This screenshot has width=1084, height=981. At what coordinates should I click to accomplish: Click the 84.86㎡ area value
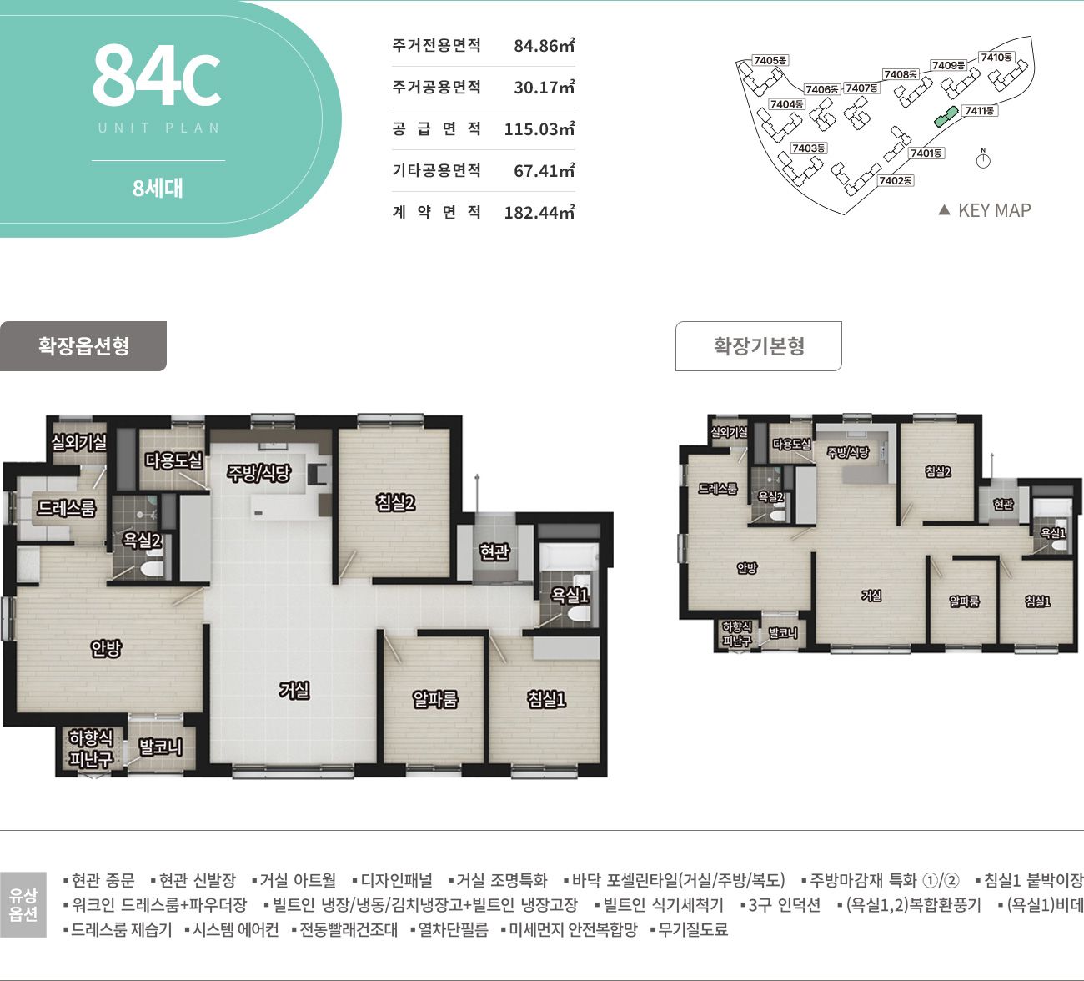[x=544, y=45]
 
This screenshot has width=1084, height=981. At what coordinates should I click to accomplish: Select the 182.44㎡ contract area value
[x=539, y=212]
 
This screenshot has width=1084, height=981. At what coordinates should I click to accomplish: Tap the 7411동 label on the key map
[x=979, y=111]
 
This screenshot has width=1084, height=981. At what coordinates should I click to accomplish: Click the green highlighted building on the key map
[x=946, y=116]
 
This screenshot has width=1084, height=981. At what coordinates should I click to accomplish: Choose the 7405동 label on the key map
[x=770, y=60]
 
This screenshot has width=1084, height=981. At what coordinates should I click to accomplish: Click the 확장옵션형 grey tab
[x=83, y=346]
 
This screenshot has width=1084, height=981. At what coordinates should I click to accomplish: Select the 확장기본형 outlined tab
[x=758, y=346]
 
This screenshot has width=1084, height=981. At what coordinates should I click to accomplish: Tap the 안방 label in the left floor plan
[x=106, y=648]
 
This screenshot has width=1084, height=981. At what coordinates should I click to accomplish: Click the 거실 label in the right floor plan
[x=871, y=596]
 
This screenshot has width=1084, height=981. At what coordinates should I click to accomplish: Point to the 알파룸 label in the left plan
[x=435, y=699]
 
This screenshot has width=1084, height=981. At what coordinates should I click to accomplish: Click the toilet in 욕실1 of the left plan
[x=579, y=614]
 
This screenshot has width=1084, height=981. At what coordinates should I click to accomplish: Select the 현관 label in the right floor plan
[x=1003, y=504]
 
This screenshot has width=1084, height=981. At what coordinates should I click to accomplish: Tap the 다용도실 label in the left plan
[x=173, y=460]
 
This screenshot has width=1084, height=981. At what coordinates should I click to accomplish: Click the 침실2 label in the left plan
[x=395, y=503]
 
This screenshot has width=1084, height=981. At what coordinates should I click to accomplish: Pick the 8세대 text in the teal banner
[x=158, y=189]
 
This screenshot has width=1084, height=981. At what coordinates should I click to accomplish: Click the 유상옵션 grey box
[x=23, y=904]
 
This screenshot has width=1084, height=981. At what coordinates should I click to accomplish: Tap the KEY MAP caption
[x=994, y=210]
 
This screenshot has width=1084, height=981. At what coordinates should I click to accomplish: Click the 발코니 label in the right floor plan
[x=783, y=632]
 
